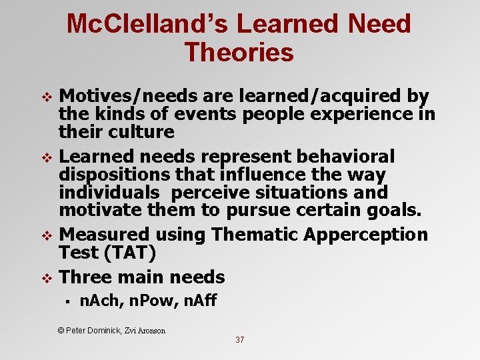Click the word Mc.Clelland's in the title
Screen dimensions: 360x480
point(146,25)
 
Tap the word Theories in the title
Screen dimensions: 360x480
point(239,53)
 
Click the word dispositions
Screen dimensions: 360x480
point(115,175)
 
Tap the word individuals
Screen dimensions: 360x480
point(109,193)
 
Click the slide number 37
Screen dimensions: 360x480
point(240,340)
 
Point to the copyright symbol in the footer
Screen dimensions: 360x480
point(61,330)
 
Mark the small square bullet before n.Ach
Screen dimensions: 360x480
point(69,303)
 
